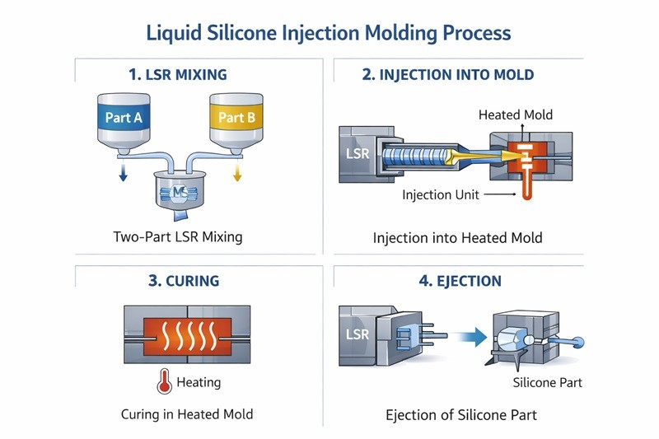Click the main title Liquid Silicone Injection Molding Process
[329, 34]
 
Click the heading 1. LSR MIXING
[178, 74]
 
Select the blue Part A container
[124, 117]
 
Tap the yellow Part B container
[236, 117]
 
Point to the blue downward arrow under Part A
[122, 171]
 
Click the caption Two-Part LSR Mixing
[177, 237]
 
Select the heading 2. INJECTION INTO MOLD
[448, 74]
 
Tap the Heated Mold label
[516, 114]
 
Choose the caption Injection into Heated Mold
[457, 238]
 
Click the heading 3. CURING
[184, 281]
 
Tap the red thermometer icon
[161, 382]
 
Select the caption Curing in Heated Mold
[187, 413]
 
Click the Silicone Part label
[547, 383]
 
